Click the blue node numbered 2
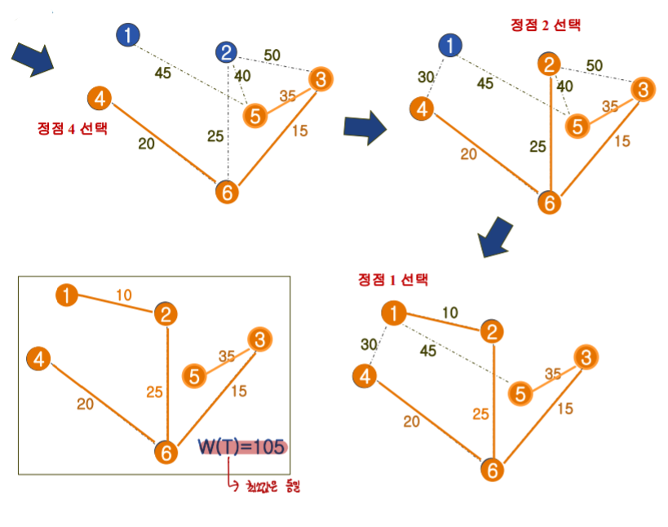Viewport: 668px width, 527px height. [227, 53]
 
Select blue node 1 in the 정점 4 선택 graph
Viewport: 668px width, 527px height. [128, 35]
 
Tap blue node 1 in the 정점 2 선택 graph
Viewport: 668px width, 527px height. [449, 46]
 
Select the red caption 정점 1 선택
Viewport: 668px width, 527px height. [392, 280]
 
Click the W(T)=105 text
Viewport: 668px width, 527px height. [242, 447]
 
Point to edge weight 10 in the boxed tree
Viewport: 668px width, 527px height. [123, 294]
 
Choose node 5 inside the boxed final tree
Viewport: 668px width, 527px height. [194, 376]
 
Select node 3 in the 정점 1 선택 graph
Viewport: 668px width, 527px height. [586, 357]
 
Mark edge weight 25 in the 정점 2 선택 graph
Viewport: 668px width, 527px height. [537, 147]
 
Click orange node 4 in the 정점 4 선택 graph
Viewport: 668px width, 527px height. [99, 100]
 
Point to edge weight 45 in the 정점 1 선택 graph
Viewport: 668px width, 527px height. [427, 351]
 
